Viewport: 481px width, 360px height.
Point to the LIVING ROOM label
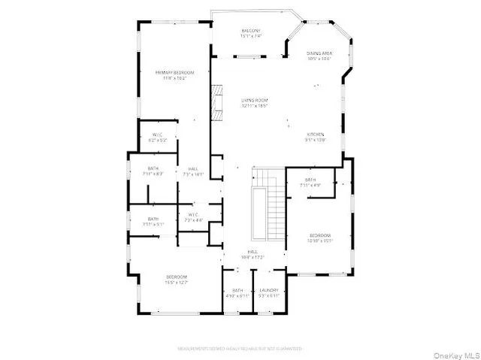click(255, 102)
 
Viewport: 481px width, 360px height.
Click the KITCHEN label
click(314, 137)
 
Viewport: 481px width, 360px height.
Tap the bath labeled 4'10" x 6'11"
click(237, 292)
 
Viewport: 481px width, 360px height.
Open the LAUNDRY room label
click(269, 292)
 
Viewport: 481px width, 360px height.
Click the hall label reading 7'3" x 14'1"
click(193, 172)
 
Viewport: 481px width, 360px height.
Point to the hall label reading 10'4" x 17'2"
click(253, 255)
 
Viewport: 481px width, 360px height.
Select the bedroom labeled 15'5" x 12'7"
click(177, 280)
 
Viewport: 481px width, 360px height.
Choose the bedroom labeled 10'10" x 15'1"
click(319, 238)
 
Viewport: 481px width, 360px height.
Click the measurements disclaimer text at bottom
click(240, 349)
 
